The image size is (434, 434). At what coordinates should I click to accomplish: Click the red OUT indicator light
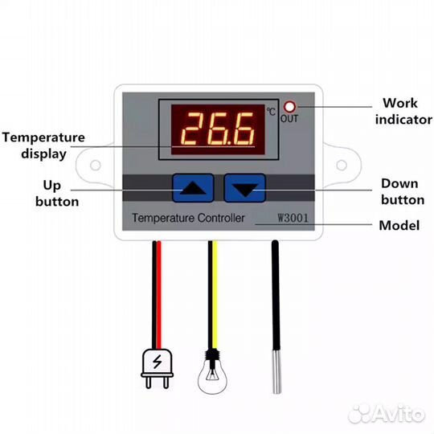coord(289,107)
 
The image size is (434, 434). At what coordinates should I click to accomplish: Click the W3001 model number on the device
coord(293,218)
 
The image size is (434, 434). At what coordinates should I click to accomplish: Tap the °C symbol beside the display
coord(271,111)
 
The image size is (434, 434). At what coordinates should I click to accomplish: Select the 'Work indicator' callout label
coord(403,111)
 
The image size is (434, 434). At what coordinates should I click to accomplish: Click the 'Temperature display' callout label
coord(43,145)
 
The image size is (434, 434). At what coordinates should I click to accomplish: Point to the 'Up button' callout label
coord(57,193)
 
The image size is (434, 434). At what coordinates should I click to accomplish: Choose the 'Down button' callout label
coord(403,191)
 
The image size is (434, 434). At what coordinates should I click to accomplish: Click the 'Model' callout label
coord(399,226)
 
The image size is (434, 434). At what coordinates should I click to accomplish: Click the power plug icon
coord(157,368)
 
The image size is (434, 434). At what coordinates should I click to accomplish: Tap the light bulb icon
coord(212,371)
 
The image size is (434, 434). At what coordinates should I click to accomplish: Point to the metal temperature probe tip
coord(276,371)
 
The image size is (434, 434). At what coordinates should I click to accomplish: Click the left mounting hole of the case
coord(96,166)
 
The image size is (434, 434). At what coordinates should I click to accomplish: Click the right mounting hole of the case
coord(342,166)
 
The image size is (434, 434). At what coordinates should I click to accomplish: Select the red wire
coord(159,295)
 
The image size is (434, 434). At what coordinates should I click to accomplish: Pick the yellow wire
coord(215,295)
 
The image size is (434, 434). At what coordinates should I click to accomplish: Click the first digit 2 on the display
coord(191,129)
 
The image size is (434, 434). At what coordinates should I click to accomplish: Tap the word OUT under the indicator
coord(289,119)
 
